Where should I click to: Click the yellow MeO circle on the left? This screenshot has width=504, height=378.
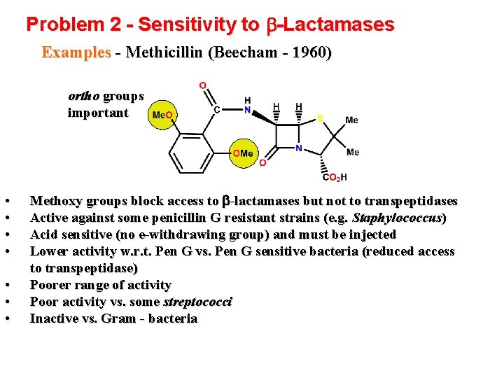point(162,115)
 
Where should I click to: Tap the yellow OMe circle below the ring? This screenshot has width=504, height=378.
point(244,153)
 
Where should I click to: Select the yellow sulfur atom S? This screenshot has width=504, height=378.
point(320,118)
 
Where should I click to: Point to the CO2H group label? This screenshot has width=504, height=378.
point(335,177)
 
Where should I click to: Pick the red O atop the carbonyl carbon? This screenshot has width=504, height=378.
point(202,85)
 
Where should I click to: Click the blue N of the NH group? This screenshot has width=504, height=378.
point(248,108)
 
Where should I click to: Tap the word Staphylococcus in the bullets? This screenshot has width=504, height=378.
point(398,218)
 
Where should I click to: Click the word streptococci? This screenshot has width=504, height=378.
point(197,302)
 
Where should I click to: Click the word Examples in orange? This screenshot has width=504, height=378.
point(76,53)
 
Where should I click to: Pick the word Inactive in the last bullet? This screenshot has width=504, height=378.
point(55,318)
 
